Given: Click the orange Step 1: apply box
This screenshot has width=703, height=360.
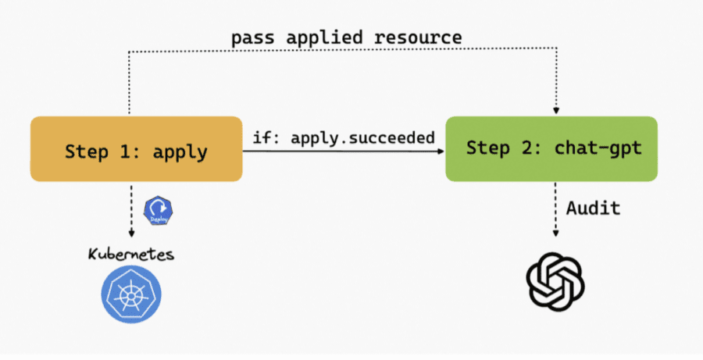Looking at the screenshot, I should pos(136,149).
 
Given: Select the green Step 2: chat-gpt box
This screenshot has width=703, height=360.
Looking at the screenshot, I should pos(551,148).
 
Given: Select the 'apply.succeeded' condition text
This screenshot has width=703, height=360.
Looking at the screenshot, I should pos(363,137).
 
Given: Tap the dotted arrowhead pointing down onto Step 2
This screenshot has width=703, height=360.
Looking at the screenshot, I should pos(556,111).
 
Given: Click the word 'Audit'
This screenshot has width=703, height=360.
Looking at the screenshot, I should pos(594,208).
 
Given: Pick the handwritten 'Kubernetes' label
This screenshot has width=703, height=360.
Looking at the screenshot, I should pos(130,255).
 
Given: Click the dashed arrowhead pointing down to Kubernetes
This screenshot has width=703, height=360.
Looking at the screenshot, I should pos(131,233).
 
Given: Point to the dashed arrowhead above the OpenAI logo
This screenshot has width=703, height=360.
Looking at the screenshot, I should pos(555,233).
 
